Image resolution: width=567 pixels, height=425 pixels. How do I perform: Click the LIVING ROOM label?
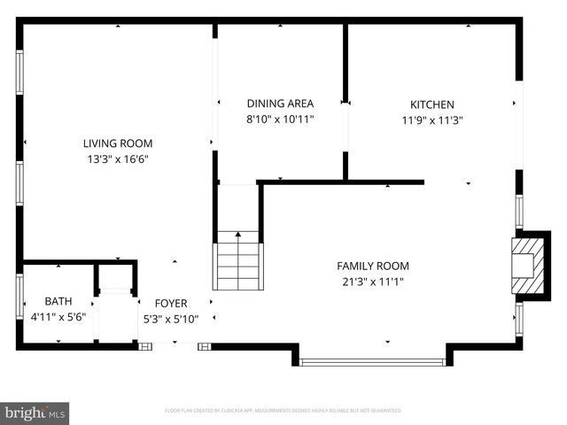click(118, 143)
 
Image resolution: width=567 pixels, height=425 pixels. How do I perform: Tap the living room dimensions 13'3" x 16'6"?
click(118, 159)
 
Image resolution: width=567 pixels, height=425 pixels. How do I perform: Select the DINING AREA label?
click(280, 104)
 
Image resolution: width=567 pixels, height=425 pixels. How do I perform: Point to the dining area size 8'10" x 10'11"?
click(280, 120)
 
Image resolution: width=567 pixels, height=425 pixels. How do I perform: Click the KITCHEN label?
click(432, 104)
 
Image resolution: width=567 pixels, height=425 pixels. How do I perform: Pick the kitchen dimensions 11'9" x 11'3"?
click(432, 120)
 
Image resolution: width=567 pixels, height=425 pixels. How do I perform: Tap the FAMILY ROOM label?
click(373, 266)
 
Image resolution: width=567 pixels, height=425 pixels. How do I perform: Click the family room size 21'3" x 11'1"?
click(373, 282)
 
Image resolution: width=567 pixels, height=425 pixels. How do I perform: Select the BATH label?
click(58, 302)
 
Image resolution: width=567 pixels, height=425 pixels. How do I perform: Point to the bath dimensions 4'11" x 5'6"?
click(58, 317)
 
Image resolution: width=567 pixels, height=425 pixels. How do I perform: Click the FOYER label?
click(171, 304)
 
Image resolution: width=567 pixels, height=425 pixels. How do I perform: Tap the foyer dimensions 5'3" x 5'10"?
click(171, 319)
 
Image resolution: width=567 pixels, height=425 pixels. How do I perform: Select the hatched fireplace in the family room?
click(525, 262)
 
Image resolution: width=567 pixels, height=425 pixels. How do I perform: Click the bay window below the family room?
click(372, 361)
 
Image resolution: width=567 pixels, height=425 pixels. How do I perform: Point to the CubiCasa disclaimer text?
click(283, 411)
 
